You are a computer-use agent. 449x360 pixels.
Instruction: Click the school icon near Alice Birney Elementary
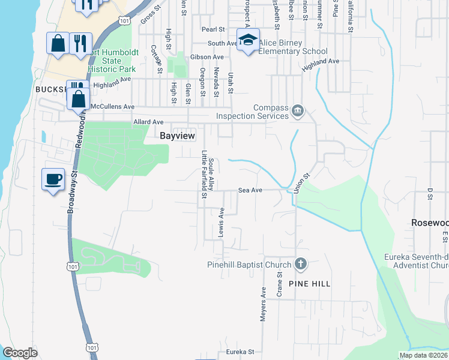click(x=248, y=40)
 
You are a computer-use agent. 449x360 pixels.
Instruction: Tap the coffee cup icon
click(x=53, y=179)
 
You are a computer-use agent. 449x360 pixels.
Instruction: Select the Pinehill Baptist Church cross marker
click(x=301, y=264)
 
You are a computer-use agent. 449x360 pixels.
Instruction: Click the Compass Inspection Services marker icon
click(x=297, y=111)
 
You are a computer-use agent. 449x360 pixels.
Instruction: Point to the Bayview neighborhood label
click(x=177, y=136)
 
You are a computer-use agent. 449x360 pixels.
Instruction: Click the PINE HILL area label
click(x=310, y=283)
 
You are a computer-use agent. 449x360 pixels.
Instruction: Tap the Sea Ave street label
click(x=250, y=190)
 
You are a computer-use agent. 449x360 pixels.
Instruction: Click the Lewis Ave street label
click(x=221, y=221)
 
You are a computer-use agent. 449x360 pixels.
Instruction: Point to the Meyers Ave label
click(x=263, y=304)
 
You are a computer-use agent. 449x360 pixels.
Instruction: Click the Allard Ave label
click(x=148, y=122)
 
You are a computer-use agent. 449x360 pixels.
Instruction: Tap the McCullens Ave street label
click(x=113, y=106)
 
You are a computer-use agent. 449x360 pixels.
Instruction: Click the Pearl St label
click(x=213, y=29)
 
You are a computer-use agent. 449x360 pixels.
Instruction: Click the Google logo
click(x=20, y=353)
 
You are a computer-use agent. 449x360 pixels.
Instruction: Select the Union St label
click(x=301, y=184)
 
